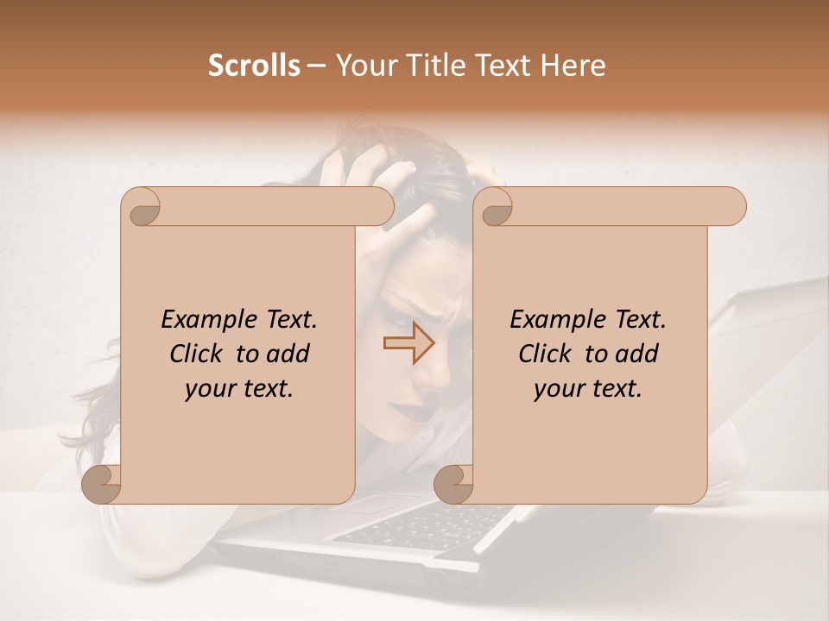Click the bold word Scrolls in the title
tap(255, 66)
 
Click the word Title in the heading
tap(429, 66)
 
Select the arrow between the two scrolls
tap(408, 343)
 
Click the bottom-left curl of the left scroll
tap(102, 484)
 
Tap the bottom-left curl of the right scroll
tap(453, 484)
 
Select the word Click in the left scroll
tap(198, 354)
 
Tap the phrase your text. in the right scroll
tap(587, 389)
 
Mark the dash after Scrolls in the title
tap(316, 66)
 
